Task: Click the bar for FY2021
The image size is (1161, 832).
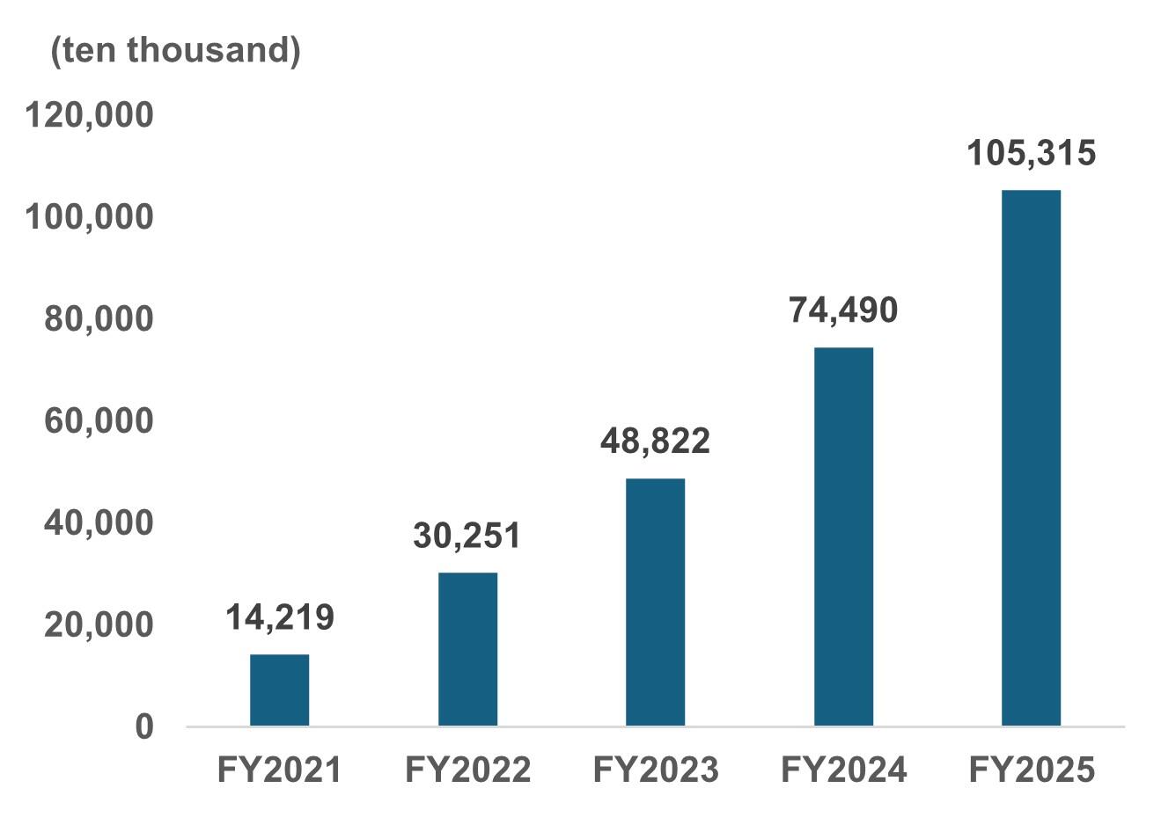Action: coord(279,690)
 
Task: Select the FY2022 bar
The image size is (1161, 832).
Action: coord(467,649)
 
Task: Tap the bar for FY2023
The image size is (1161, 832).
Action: coord(655,602)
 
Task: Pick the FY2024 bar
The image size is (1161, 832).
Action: coord(843,536)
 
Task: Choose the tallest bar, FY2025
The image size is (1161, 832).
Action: coord(1031,457)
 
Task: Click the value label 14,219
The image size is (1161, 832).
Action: coord(279,617)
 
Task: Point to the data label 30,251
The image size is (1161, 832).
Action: coord(467,535)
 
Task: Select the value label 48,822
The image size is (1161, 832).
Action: coord(655,441)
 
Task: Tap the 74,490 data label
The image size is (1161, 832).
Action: coord(843,310)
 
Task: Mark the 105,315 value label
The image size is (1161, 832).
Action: coord(1031,153)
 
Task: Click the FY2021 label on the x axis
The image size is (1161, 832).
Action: coord(279,770)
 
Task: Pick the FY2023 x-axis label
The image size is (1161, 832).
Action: coord(655,770)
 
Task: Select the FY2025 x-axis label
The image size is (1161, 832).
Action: coord(1031,770)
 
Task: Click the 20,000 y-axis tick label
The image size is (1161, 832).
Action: coord(99,624)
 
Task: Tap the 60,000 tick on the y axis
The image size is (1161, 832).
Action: coord(99,420)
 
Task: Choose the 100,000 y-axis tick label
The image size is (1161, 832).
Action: coord(89,216)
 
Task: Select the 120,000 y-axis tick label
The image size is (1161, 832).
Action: coord(89,114)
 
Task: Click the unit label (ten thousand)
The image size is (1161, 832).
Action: coord(175,50)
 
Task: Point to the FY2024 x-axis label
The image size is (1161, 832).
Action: coord(843,770)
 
